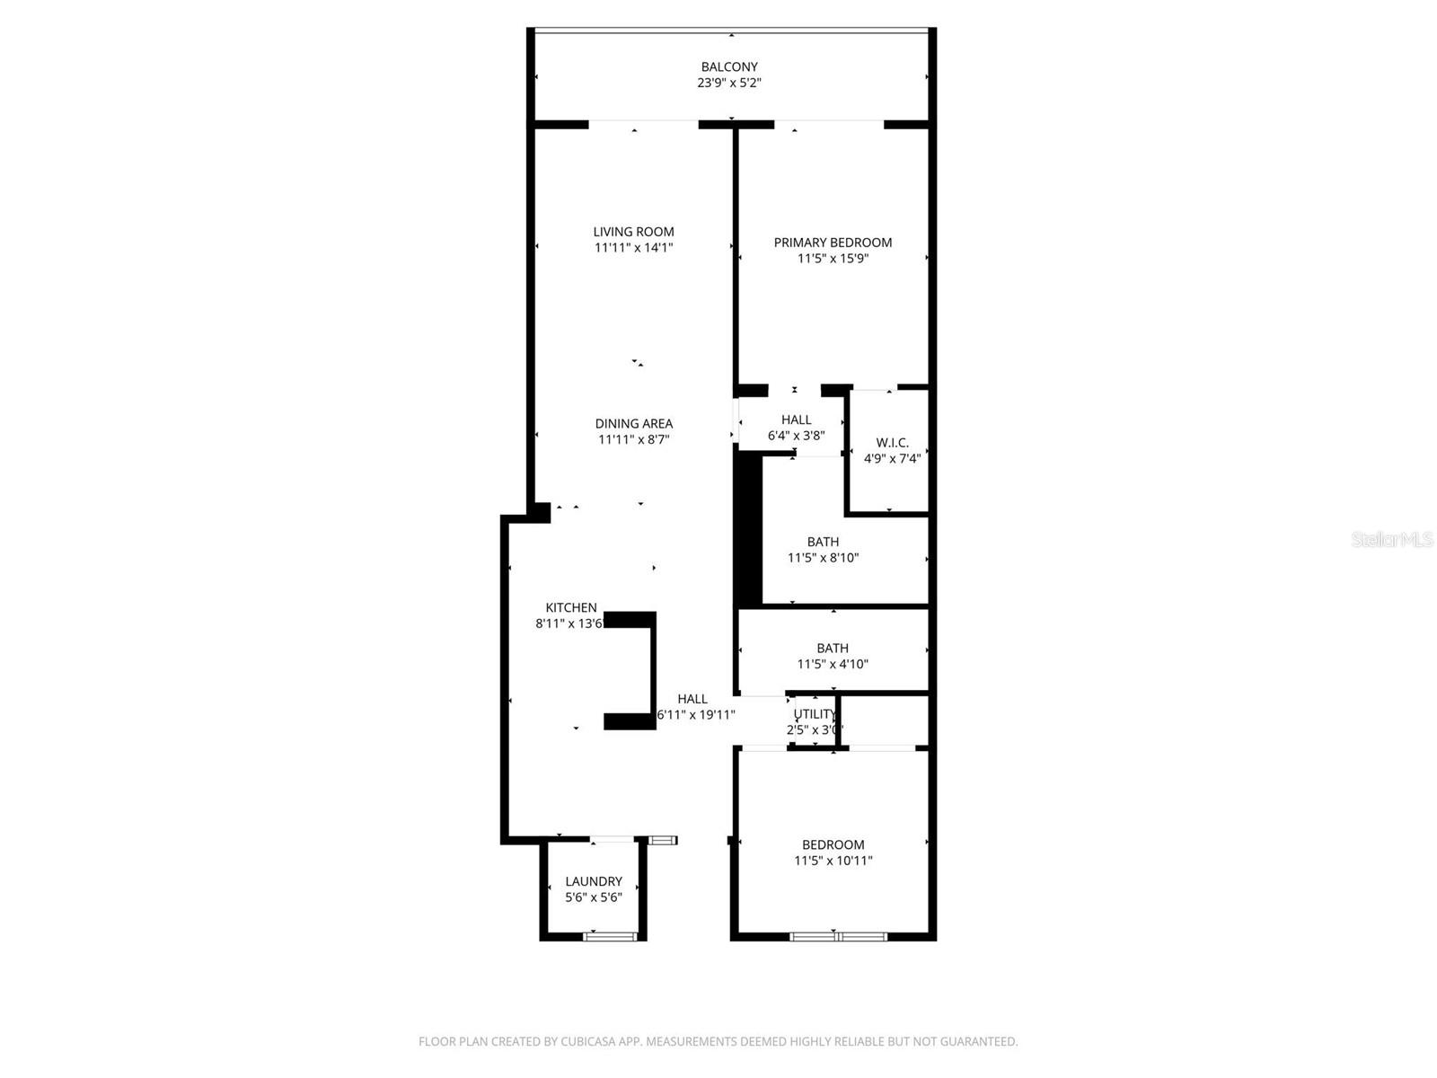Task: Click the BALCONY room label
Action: [x=729, y=66]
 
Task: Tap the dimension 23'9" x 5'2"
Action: [x=729, y=83]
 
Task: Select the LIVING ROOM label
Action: [x=633, y=232]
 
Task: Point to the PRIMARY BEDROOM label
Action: [x=833, y=243]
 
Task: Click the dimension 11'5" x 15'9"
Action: [x=833, y=259]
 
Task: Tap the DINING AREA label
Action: [x=633, y=424]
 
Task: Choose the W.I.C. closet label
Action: [x=892, y=443]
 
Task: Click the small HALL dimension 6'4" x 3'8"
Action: [x=796, y=436]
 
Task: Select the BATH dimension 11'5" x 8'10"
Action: [x=823, y=558]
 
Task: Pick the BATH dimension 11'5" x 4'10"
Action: [x=833, y=665]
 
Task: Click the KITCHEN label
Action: [x=570, y=608]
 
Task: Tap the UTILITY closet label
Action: [x=815, y=714]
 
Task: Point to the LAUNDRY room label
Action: [x=593, y=882]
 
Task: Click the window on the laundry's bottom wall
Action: [x=610, y=937]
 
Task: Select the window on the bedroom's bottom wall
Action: [x=838, y=937]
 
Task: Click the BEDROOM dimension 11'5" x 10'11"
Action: [x=833, y=861]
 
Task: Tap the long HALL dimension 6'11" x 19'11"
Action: [x=696, y=715]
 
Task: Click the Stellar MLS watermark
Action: [x=1391, y=540]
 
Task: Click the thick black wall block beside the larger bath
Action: [x=747, y=530]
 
